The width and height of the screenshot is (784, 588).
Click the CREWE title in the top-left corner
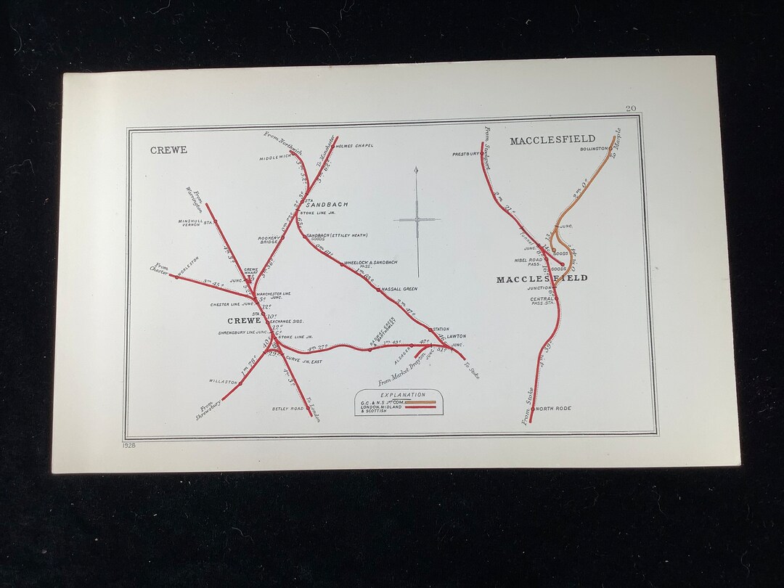pyautogui.click(x=168, y=150)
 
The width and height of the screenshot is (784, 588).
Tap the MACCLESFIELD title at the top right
pyautogui.click(x=552, y=139)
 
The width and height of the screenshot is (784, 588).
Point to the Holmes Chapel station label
pyautogui.click(x=354, y=146)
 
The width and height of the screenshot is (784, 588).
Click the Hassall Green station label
pyautogui.click(x=399, y=289)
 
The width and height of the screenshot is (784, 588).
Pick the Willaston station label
pyautogui.click(x=224, y=381)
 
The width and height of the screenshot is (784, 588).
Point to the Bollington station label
pyautogui.click(x=594, y=149)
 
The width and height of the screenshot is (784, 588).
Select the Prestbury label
pyautogui.click(x=466, y=154)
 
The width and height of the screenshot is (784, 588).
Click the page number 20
pyautogui.click(x=631, y=109)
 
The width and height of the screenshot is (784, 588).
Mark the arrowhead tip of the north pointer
pyautogui.click(x=417, y=168)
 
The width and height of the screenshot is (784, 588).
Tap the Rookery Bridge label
pyautogui.click(x=269, y=240)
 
